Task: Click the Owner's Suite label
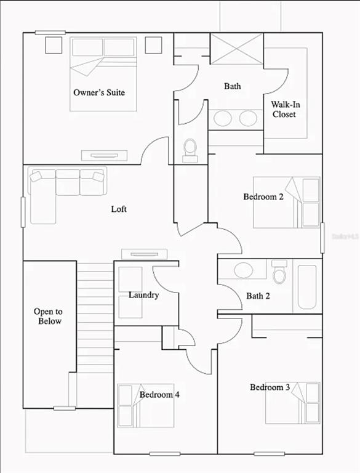(x=99, y=92)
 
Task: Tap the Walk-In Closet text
(x=285, y=109)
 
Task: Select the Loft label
(x=119, y=209)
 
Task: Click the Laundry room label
(x=144, y=295)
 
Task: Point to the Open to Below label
(x=48, y=316)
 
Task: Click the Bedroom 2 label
(x=263, y=196)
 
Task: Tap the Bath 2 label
(x=258, y=296)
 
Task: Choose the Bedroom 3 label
(x=270, y=387)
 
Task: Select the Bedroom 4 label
(x=159, y=394)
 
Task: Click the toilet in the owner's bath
(x=190, y=150)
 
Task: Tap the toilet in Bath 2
(x=279, y=272)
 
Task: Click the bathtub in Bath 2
(x=307, y=287)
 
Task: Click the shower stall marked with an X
(x=237, y=49)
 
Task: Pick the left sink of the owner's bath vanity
(x=223, y=118)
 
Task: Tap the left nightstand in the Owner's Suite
(x=54, y=45)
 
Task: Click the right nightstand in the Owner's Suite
(x=153, y=45)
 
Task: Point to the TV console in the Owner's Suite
(x=105, y=155)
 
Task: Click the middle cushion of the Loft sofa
(x=68, y=182)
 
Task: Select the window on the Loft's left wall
(x=23, y=212)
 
